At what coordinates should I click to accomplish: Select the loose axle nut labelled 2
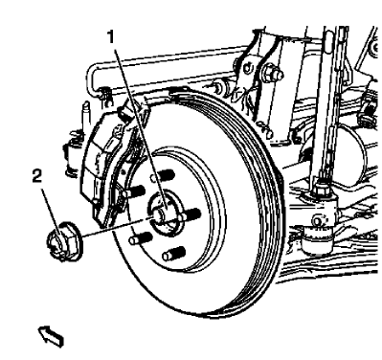[60, 236]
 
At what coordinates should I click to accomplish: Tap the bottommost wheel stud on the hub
[173, 255]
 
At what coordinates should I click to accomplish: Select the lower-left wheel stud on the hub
[145, 234]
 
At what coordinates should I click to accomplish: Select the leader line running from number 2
[105, 226]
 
